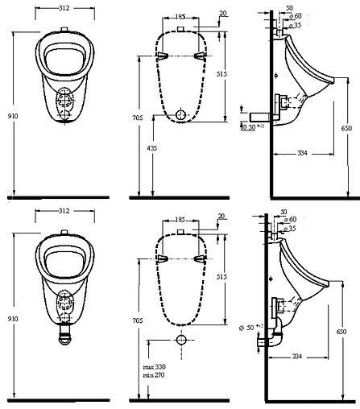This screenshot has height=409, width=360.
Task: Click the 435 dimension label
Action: [x=152, y=148]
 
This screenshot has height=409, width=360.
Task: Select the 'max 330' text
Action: [x=155, y=366]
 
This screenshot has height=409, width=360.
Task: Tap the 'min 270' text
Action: [x=154, y=375]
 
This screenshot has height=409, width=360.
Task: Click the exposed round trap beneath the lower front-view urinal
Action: [x=65, y=336]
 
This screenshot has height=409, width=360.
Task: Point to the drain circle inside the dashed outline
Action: [x=181, y=114]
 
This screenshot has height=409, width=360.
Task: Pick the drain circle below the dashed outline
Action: [x=181, y=340]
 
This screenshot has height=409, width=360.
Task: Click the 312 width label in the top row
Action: [x=64, y=8]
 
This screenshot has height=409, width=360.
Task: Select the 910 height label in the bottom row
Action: [x=13, y=319]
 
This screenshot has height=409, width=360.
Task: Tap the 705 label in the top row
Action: [x=138, y=118]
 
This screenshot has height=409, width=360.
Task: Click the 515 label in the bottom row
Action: [x=221, y=277]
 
